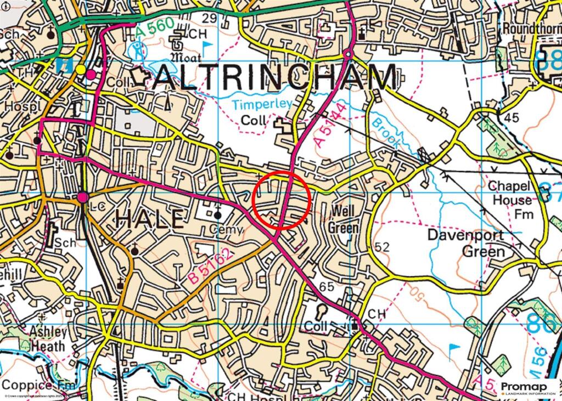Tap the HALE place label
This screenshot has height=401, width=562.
tap(149, 220)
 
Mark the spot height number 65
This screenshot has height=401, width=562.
tap(326, 286)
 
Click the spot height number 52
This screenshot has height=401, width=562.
tap(382, 247)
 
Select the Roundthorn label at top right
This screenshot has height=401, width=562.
tap(531, 28)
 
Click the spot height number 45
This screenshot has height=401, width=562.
tap(511, 117)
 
